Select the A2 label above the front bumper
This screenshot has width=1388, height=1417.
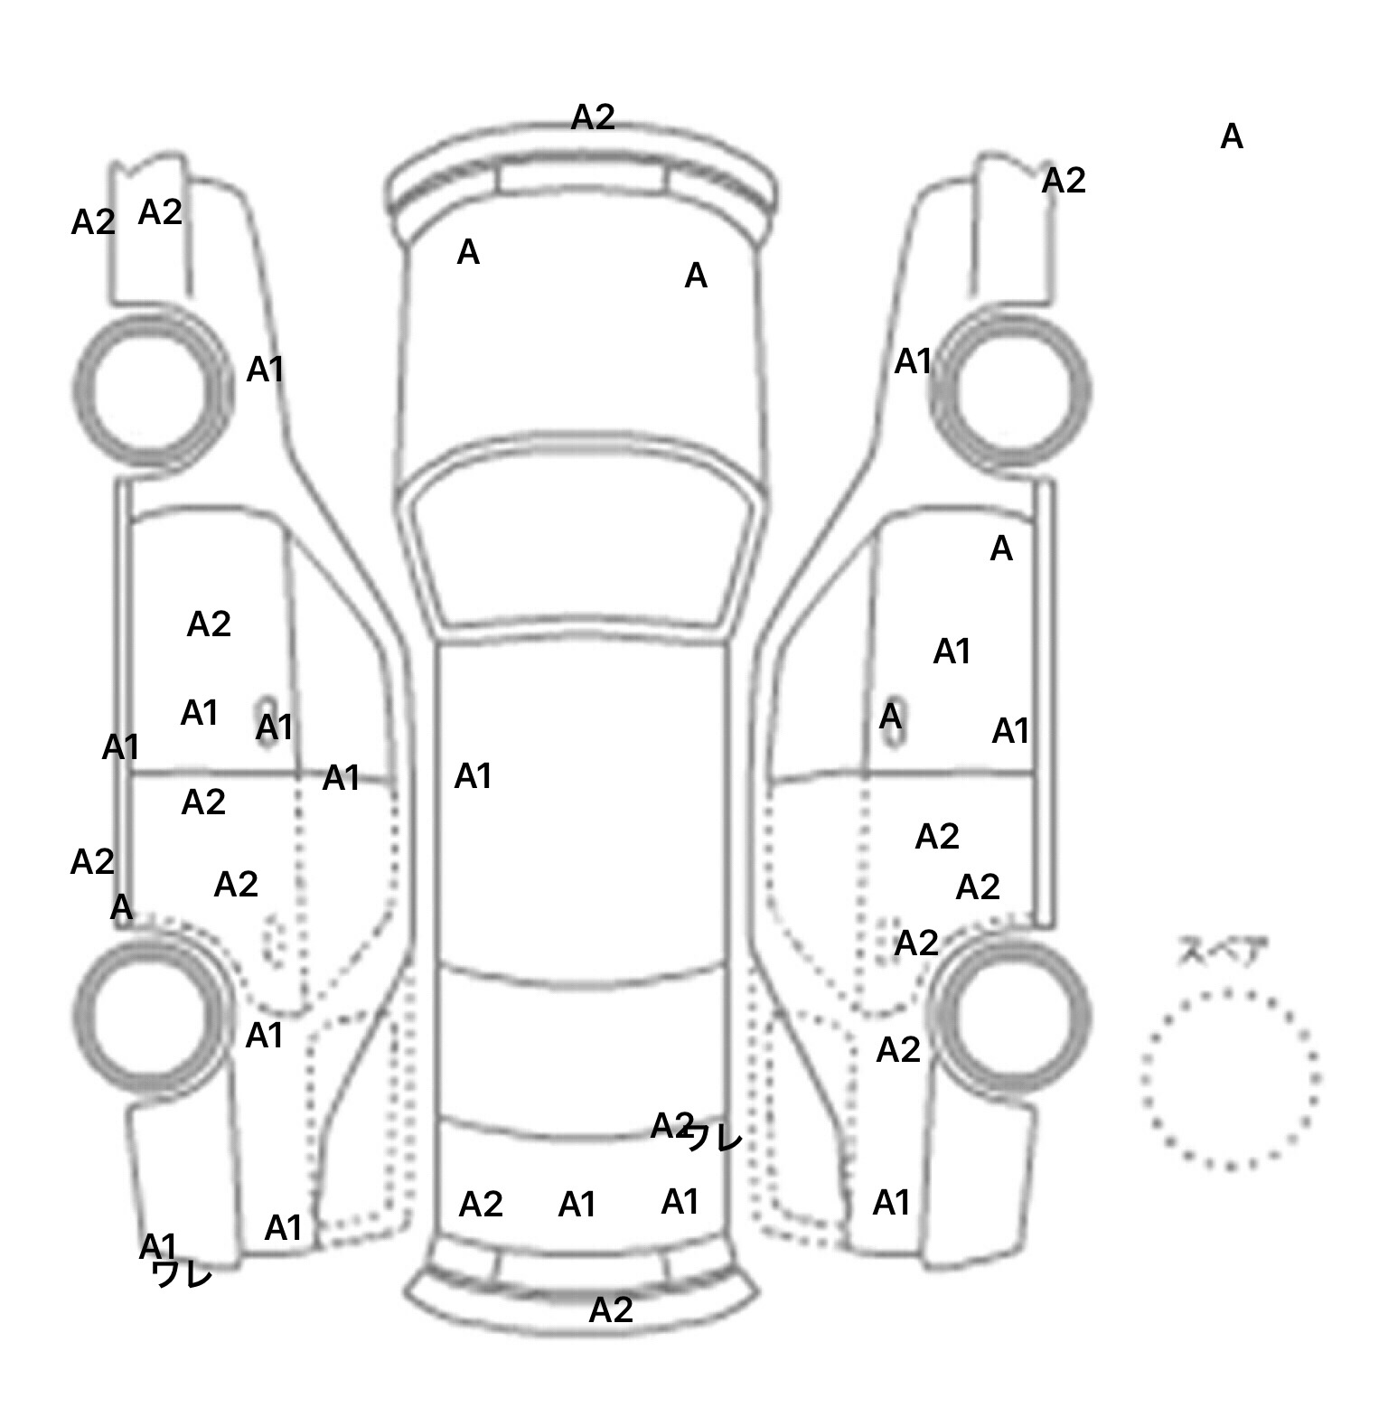tap(593, 117)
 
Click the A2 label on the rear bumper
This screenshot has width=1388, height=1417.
tap(611, 1309)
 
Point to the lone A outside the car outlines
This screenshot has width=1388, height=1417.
tap(1232, 137)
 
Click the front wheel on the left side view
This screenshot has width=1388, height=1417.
tap(152, 389)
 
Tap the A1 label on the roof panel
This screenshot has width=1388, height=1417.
tap(473, 776)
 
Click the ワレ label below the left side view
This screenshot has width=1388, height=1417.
tap(183, 1274)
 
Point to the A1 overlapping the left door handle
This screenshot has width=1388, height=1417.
tap(275, 727)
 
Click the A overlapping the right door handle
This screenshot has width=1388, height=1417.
tap(891, 717)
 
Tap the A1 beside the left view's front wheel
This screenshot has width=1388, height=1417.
tap(266, 370)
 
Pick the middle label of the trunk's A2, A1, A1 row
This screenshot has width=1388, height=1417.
tap(577, 1205)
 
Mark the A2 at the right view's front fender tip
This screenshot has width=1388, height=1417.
tap(1064, 182)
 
